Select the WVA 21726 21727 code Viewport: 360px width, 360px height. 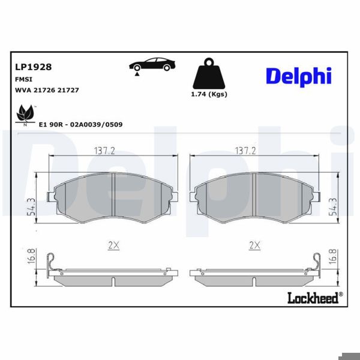point(46,89)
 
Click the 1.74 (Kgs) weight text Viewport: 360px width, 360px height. point(208,94)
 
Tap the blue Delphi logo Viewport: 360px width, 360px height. point(298,76)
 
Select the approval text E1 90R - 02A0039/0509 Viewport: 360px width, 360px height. point(80,124)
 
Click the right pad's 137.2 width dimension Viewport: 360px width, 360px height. point(245,151)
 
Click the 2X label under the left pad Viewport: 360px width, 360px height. point(113,245)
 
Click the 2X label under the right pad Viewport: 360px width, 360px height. point(254,245)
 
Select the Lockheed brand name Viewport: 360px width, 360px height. point(313,297)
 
